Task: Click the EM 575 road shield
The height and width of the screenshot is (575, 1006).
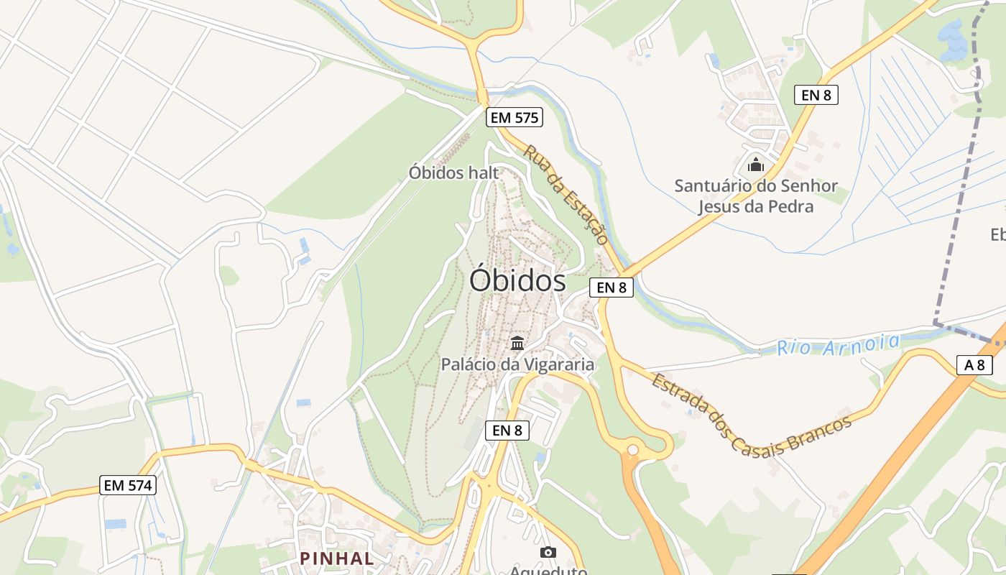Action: (514, 118)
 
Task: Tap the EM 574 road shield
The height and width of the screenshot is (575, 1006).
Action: (128, 485)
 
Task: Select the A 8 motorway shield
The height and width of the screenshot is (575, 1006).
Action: (974, 365)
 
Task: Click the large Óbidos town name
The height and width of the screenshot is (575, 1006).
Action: (517, 280)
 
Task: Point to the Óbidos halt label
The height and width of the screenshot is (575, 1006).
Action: (453, 172)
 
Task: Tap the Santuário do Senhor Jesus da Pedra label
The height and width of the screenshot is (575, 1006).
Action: (756, 196)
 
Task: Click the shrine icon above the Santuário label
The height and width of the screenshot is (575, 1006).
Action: (755, 165)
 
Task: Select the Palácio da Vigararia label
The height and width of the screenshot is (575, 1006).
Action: (517, 364)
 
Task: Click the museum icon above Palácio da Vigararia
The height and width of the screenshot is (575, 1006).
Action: (517, 342)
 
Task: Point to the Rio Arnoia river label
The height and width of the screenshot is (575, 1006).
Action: (838, 344)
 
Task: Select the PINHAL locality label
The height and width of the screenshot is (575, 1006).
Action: (337, 558)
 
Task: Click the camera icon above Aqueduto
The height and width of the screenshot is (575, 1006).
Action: (548, 552)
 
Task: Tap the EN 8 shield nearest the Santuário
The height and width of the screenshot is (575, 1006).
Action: (816, 94)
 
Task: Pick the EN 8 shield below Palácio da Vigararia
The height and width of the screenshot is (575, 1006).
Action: (507, 431)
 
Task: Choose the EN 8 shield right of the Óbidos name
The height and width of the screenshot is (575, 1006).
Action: (612, 287)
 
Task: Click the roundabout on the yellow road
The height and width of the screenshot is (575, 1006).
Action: (632, 450)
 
